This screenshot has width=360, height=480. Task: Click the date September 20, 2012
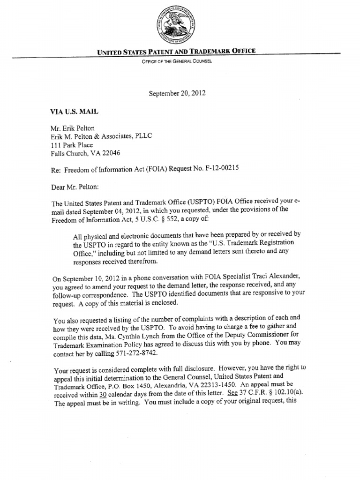pyautogui.click(x=177, y=93)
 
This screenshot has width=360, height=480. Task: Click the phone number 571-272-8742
pyautogui.click(x=138, y=352)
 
